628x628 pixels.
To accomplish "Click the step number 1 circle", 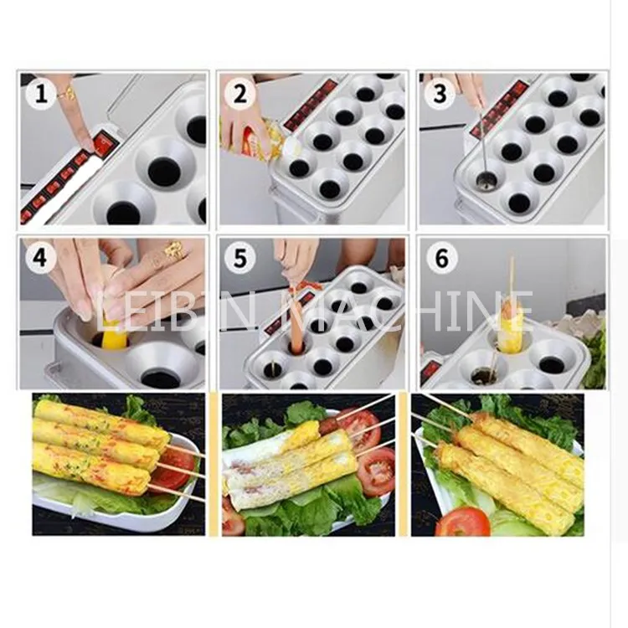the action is coord(40,95).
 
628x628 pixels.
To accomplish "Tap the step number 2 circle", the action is coord(240,95).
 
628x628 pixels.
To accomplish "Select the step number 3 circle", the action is coord(440,95).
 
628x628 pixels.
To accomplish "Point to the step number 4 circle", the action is coord(39,259).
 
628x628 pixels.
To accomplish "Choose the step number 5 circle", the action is coord(239,259).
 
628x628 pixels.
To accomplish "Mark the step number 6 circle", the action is coord(441,259).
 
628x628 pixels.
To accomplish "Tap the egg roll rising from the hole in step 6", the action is coord(510,328).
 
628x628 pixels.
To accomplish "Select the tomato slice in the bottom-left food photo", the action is coord(173,467).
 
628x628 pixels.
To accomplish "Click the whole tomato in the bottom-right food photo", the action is coord(462,521).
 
